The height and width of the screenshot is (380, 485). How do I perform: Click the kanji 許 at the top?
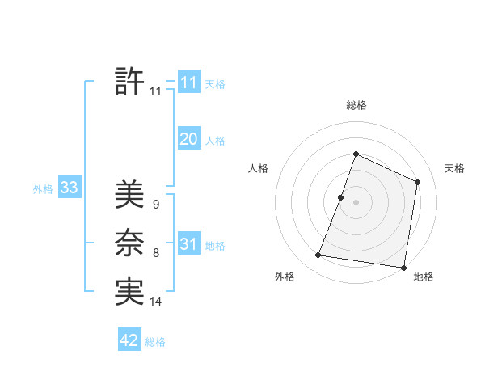point(129,81)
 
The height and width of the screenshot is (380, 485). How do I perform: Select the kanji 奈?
point(129,243)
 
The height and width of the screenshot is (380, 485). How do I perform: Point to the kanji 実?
point(129,291)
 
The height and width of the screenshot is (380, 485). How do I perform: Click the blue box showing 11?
point(188,82)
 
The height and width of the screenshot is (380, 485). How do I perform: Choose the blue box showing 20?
point(188,139)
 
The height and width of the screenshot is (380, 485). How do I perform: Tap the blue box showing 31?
point(188,244)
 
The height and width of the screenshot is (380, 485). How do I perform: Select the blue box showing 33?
point(69,188)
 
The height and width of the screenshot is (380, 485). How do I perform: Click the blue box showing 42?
point(129,340)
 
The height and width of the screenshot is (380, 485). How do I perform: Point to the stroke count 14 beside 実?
point(156,302)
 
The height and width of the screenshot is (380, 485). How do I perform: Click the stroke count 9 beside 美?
point(156,205)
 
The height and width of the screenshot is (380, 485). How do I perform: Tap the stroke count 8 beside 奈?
point(156,254)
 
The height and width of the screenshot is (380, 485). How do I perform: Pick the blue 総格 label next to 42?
point(155,342)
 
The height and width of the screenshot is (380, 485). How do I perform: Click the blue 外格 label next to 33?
point(43,189)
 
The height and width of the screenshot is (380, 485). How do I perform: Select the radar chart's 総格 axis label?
point(356,105)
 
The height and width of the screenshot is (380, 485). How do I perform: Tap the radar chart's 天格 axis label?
point(454,168)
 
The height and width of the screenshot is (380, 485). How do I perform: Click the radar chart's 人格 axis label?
point(258,168)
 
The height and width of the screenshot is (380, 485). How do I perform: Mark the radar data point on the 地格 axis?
point(403,267)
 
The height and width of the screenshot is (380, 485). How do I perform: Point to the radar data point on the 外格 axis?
point(318,255)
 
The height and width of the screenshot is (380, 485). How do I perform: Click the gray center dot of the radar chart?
point(356,202)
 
